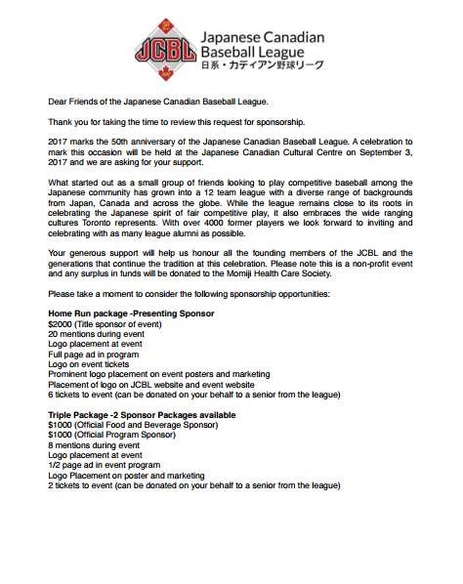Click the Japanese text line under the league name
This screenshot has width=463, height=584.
pyautogui.click(x=260, y=66)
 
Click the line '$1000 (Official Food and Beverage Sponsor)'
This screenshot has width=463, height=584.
pyautogui.click(x=132, y=425)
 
